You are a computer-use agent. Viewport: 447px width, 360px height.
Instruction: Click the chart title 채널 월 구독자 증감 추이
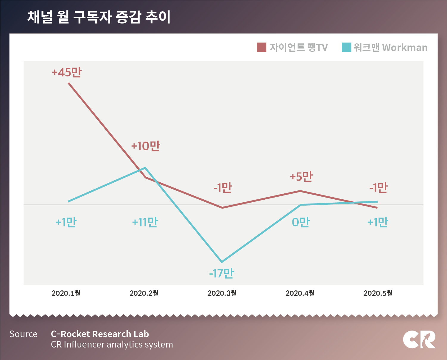pos(99,17)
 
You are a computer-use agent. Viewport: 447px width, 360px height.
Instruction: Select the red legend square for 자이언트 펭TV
pos(261,47)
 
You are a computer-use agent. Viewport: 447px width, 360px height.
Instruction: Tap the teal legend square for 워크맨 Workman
pos(346,47)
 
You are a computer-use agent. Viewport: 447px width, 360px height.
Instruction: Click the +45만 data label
pos(66,72)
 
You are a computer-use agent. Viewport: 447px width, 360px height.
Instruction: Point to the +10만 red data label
pos(146,146)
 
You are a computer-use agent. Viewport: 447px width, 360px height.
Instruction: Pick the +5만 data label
pos(301,176)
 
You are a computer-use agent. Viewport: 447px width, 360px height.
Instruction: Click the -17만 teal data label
pos(221,273)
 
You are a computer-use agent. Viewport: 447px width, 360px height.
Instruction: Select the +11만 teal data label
pos(145,222)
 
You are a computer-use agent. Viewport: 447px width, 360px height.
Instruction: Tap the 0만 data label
pos(301,222)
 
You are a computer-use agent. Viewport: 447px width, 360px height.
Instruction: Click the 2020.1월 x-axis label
pos(66,293)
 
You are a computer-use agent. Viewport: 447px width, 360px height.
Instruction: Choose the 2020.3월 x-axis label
pos(222,293)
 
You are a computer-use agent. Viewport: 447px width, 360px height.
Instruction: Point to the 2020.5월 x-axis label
pos(378,293)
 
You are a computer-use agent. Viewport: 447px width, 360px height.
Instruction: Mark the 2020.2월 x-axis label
pos(144,293)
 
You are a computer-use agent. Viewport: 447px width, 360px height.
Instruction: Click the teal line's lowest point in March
pos(222,262)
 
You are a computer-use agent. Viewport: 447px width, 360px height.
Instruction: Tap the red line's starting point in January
pos(69,83)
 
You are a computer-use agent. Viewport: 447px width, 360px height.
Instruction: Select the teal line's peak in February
pos(145,168)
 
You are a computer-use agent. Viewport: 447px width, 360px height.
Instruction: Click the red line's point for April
pos(300,191)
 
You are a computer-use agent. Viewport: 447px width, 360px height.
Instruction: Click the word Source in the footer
pos(24,334)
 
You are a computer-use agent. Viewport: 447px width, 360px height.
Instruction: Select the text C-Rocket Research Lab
pos(100,334)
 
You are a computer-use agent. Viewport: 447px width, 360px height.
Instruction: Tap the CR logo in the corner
pos(419,339)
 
